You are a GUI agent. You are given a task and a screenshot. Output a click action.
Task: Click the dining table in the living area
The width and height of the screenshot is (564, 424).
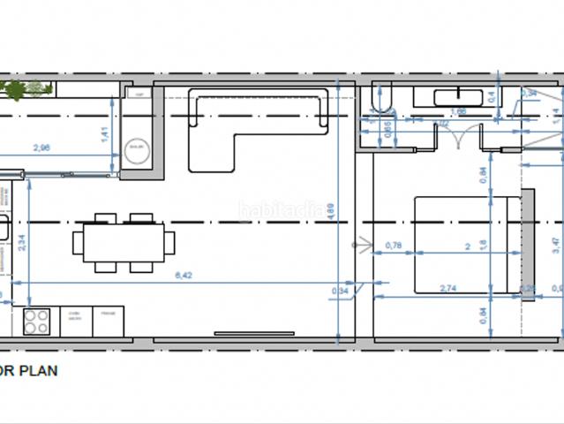coord(123,242)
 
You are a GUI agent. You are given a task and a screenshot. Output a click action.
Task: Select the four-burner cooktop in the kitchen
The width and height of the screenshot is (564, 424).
coord(36,321)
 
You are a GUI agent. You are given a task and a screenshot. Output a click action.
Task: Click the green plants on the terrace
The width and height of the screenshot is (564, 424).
coord(26,88)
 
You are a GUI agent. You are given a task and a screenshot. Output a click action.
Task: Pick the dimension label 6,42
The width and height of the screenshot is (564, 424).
coord(184,276)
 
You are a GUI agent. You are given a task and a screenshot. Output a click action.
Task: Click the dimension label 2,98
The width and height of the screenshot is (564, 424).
coord(41,148)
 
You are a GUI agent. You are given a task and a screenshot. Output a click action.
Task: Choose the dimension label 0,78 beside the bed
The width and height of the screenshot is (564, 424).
coord(394,245)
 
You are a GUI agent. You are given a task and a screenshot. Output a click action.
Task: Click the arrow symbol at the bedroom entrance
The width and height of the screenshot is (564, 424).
coord(357,242)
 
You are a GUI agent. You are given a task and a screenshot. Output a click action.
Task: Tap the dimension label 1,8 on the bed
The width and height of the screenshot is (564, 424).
coord(483,245)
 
